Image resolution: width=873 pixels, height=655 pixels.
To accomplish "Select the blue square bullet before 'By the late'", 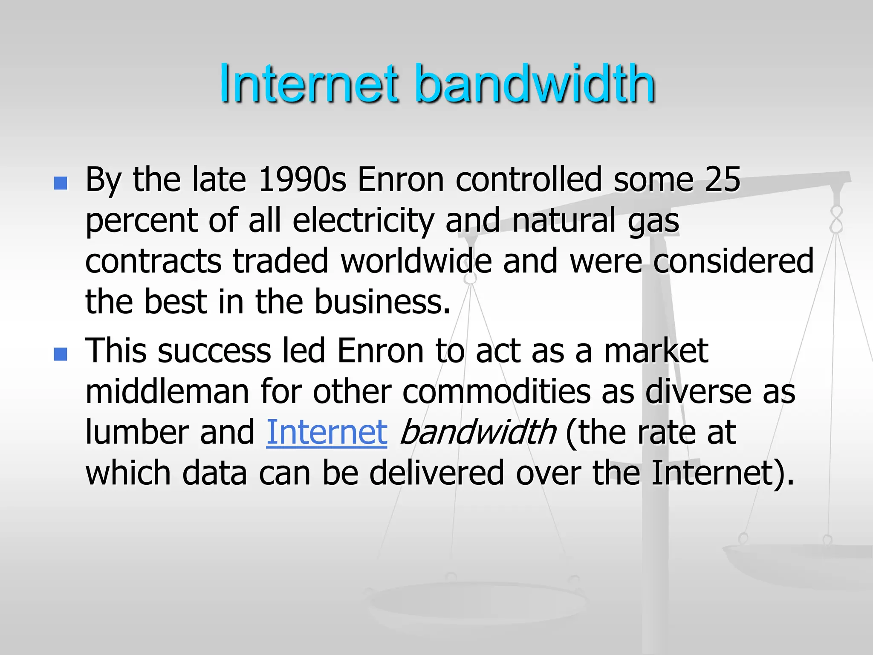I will pyautogui.click(x=61, y=183).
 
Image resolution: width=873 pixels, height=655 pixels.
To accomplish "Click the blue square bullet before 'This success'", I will pyautogui.click(x=61, y=354).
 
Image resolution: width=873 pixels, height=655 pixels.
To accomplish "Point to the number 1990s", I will pyautogui.click(x=302, y=180).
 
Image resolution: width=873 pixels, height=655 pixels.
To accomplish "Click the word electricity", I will pyautogui.click(x=363, y=221).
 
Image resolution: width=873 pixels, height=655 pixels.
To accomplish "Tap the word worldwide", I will pyautogui.click(x=416, y=261).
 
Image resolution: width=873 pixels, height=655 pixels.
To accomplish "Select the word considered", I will pyautogui.click(x=733, y=261).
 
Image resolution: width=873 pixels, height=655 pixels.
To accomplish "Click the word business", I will pyautogui.click(x=382, y=301).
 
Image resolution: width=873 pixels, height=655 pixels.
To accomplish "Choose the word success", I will pyautogui.click(x=214, y=351).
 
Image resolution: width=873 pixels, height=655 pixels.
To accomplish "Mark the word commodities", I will pyautogui.click(x=496, y=391).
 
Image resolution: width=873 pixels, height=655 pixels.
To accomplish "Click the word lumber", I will pyautogui.click(x=137, y=432).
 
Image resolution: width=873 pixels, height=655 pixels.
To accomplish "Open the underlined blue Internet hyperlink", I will pyautogui.click(x=327, y=432).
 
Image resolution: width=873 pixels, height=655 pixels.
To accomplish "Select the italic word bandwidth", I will pyautogui.click(x=478, y=432).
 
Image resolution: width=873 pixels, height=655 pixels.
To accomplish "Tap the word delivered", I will pyautogui.click(x=436, y=473).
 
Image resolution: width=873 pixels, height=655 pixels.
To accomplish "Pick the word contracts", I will pyautogui.click(x=153, y=261).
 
